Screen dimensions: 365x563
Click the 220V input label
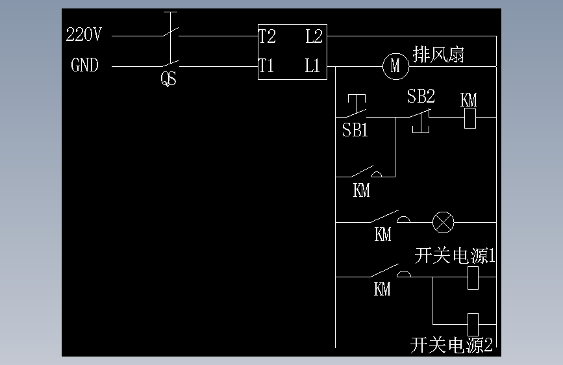point(84,35)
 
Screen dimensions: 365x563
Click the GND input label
point(84,66)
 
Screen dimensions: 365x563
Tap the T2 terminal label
point(267,36)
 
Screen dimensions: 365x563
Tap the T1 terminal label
point(266,66)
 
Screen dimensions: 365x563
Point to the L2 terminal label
point(314,36)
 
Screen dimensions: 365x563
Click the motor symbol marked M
point(395,66)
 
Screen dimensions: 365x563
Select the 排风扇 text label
point(438,55)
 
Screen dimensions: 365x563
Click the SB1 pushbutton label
point(355,131)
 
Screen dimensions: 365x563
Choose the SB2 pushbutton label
point(421,97)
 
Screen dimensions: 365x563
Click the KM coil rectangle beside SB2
point(471,118)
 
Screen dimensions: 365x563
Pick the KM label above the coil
point(469,100)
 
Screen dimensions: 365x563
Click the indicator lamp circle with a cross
point(444,223)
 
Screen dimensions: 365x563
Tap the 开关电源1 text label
point(455,256)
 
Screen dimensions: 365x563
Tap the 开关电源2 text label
point(452,345)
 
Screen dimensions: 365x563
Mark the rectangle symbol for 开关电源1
point(473,278)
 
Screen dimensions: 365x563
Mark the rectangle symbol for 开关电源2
point(473,323)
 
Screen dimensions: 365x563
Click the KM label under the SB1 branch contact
point(362,190)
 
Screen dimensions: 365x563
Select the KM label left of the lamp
point(383,234)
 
